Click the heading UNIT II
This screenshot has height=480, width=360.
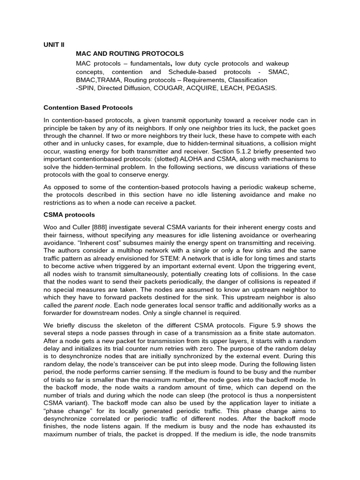54,45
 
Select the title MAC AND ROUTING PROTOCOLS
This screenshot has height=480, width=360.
130,54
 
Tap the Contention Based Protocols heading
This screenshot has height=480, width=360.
88,108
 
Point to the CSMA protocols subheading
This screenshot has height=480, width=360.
69,215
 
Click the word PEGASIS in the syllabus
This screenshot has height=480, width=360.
260,88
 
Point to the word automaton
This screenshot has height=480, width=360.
300,333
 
